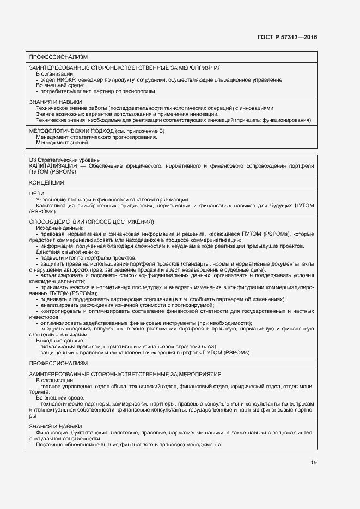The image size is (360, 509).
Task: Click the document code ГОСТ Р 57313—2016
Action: (287, 38)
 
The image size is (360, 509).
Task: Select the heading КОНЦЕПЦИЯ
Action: (47, 182)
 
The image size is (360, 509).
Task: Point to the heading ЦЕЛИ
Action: (36, 193)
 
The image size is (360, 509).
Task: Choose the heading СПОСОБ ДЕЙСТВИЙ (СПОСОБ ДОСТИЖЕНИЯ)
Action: (92, 222)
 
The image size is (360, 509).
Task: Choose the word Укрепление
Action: (51, 200)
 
